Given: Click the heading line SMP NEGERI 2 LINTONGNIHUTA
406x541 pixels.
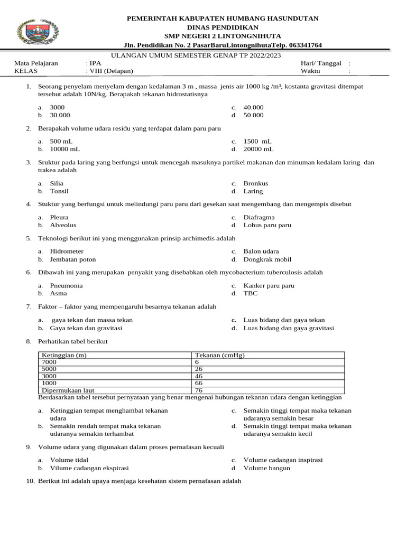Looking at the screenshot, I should click(x=223, y=36).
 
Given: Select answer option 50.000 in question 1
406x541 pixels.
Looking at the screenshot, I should click(x=253, y=115).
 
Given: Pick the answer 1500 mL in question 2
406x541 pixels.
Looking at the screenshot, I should click(x=257, y=142).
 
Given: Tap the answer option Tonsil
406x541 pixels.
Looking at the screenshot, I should click(x=59, y=191).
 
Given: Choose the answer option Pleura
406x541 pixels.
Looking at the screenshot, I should click(x=59, y=217).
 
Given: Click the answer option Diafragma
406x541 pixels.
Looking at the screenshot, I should click(x=259, y=217).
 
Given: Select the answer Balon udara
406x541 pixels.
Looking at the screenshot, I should click(x=261, y=251).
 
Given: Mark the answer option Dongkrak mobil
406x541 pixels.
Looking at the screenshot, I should click(x=267, y=259).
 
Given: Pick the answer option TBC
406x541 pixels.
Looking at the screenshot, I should click(x=251, y=293).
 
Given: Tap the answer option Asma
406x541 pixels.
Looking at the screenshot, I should click(x=58, y=293).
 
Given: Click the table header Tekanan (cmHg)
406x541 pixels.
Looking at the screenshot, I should click(x=220, y=356).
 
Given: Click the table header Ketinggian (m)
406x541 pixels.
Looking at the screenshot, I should click(x=64, y=356).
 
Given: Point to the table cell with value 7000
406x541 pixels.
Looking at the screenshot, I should click(x=49, y=362).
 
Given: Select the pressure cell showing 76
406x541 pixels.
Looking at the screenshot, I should click(x=199, y=390).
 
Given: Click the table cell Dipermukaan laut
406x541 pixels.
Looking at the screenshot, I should click(x=67, y=390).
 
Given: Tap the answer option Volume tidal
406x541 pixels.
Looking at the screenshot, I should click(x=69, y=460).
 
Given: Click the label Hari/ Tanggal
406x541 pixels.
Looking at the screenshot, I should click(x=321, y=63).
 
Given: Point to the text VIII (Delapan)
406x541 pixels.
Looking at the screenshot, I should click(x=113, y=71).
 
